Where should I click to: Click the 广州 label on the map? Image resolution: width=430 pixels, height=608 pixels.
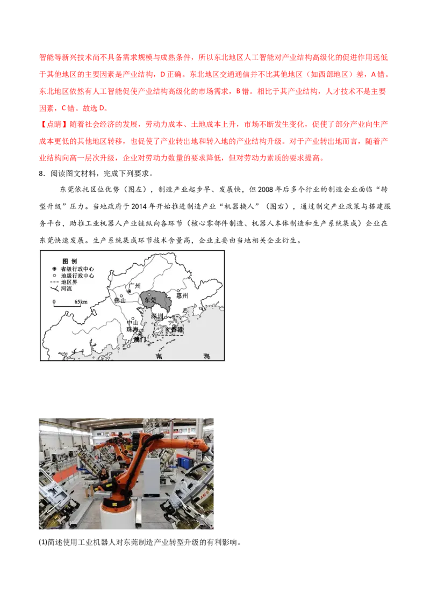[x=134, y=286]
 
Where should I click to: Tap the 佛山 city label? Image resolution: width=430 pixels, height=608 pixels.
[x=120, y=301]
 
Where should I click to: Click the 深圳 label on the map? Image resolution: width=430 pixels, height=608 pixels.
[x=157, y=316]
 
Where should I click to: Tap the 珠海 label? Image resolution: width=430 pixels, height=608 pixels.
[x=132, y=329]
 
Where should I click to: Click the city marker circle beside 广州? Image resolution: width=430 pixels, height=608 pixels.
[x=129, y=292]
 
